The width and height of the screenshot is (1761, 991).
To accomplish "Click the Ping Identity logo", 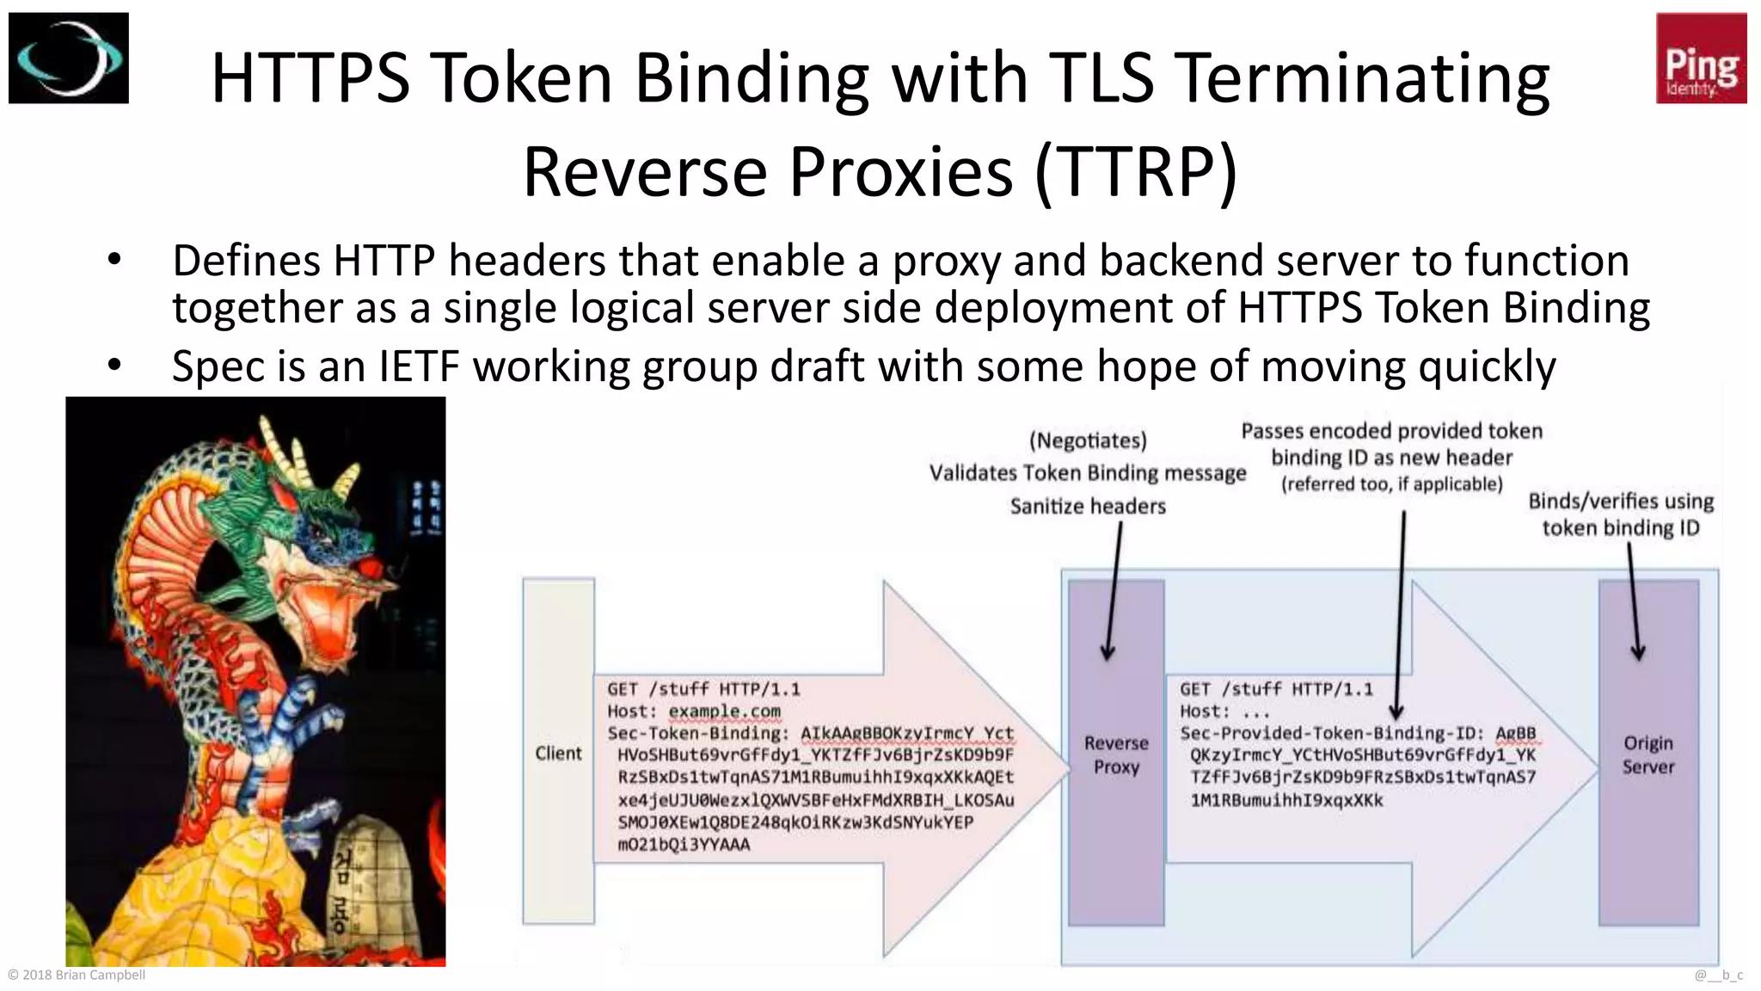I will tap(1700, 58).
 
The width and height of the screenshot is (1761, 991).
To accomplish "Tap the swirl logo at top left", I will tap(69, 58).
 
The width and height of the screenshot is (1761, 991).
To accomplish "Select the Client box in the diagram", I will tap(558, 753).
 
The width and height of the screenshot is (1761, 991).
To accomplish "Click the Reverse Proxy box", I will tap(1115, 754).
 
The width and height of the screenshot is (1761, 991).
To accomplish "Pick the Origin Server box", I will tap(1647, 754).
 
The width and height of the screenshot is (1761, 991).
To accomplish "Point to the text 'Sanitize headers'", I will tap(1088, 507).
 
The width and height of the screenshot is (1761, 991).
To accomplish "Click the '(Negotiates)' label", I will tap(1088, 440).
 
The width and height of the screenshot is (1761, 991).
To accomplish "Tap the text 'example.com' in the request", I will tap(724, 711).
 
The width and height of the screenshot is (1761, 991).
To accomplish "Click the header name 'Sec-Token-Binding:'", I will tap(697, 734).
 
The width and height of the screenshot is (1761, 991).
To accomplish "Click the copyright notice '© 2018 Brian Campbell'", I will tap(77, 975).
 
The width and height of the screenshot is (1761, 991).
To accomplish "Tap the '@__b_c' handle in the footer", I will tap(1718, 975).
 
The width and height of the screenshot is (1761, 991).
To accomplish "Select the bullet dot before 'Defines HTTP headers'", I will tap(114, 261).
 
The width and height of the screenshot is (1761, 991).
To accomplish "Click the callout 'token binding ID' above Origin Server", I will tap(1620, 528).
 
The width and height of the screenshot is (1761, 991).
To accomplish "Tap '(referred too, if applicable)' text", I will tap(1391, 484).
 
